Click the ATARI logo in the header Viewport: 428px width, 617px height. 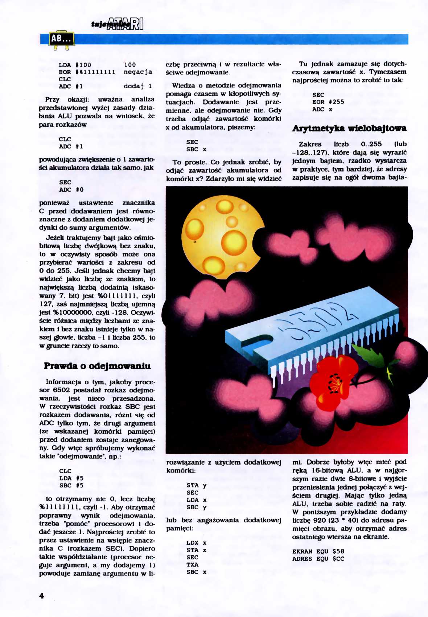125,24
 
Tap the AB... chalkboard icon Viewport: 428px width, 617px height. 61,39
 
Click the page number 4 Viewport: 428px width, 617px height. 42,596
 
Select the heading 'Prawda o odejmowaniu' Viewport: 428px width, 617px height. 97,366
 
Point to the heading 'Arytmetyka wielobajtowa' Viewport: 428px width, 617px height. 349,128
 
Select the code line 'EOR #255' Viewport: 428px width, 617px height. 328,102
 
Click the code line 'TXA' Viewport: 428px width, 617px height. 193,565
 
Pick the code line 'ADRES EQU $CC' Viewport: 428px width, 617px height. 318,559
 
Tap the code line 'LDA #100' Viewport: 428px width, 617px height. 75,65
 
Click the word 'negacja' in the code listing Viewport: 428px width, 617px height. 138,72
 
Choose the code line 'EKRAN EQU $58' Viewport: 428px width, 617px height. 318,552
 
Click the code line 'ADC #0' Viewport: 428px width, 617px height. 71,189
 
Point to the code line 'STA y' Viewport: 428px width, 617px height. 197,485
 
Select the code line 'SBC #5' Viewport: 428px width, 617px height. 71,485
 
